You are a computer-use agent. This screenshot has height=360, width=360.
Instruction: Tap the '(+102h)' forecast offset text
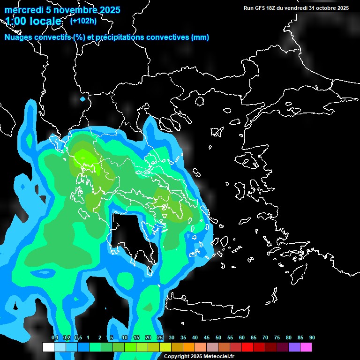(x=83, y=21)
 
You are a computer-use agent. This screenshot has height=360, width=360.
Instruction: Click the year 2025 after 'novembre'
(x=110, y=10)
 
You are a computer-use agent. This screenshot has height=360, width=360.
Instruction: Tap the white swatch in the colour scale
(x=48, y=347)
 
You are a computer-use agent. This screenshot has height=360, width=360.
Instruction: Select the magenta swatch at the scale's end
(x=306, y=347)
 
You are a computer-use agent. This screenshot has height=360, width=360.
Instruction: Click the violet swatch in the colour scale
(x=294, y=347)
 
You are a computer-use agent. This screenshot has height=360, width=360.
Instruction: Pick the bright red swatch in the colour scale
(x=247, y=347)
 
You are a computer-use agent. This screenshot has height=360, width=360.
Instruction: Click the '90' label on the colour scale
(x=312, y=338)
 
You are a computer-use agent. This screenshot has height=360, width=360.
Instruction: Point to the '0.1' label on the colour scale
(x=55, y=338)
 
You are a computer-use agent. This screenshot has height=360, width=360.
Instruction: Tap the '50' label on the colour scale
(x=218, y=338)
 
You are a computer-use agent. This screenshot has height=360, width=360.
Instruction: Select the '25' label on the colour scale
(x=160, y=338)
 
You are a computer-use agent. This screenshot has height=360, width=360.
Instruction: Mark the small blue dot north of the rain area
(x=83, y=99)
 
